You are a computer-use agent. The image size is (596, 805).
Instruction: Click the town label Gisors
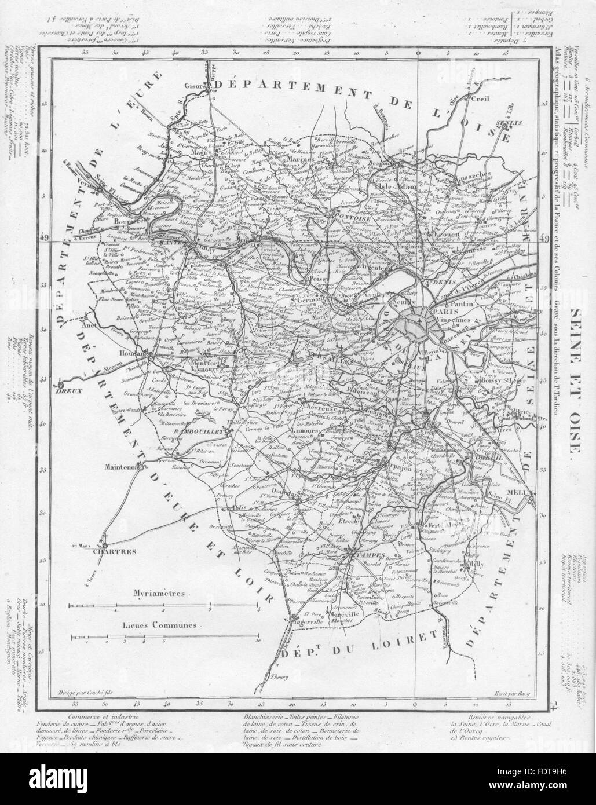click(x=193, y=86)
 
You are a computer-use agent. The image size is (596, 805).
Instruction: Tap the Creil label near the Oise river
click(x=481, y=99)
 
